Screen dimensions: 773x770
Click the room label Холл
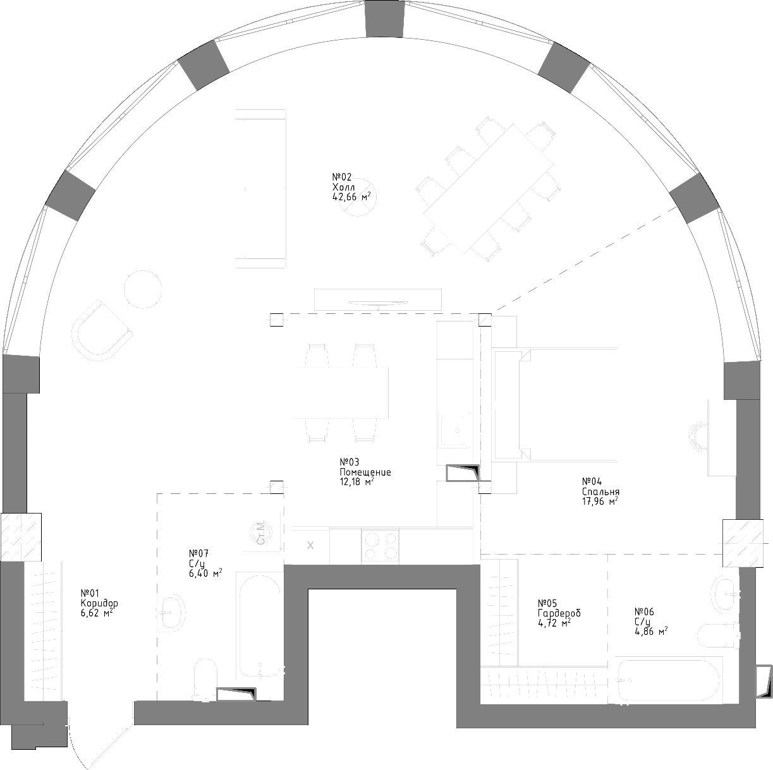point(343,187)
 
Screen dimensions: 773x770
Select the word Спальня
point(600,491)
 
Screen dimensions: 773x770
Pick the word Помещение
point(365,472)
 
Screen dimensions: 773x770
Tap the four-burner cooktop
point(380,546)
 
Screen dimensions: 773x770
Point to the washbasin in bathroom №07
point(171,612)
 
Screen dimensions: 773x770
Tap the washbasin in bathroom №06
point(725,595)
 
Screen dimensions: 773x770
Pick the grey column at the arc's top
point(385,19)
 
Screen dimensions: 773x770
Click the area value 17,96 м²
point(600,501)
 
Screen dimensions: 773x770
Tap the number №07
point(198,553)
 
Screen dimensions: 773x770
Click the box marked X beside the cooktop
point(310,545)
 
